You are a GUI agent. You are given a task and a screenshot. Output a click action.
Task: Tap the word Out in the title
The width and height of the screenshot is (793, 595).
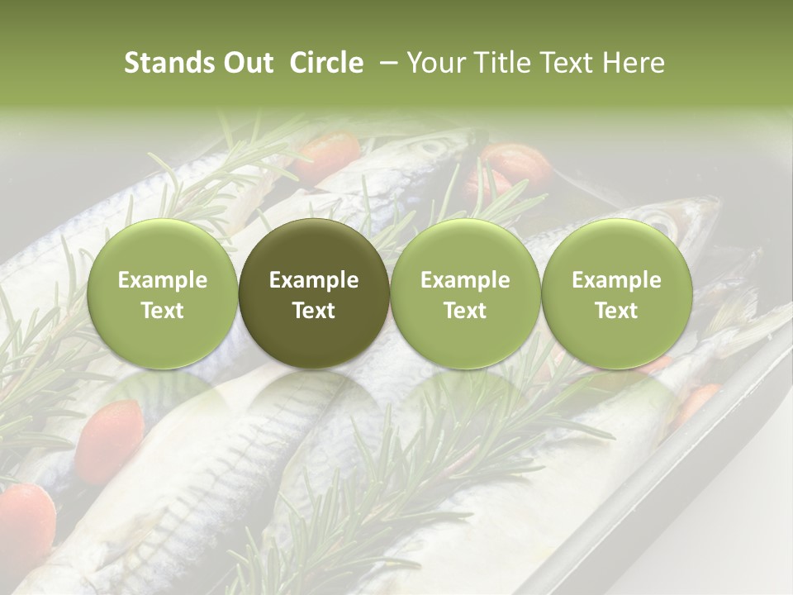click(246, 63)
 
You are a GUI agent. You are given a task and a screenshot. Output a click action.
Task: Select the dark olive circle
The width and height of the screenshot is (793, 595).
click(314, 293)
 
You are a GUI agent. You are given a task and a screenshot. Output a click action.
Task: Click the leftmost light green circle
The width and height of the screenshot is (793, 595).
click(163, 293)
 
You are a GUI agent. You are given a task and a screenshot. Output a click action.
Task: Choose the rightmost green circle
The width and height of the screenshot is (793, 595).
click(617, 293)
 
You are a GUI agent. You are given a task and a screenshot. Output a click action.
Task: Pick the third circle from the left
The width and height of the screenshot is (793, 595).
click(465, 293)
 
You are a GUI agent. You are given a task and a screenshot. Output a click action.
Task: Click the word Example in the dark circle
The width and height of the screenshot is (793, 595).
click(314, 280)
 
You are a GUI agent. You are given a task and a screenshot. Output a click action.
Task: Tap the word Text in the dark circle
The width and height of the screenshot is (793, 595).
click(314, 311)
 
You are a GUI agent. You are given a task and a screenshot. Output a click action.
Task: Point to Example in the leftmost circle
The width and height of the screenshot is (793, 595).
click(163, 280)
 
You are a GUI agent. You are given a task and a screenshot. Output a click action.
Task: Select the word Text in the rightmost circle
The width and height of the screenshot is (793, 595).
click(617, 311)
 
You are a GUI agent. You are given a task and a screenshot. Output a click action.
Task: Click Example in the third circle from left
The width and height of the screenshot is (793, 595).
click(465, 280)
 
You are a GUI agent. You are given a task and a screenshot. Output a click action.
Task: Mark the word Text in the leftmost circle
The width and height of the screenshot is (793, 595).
click(163, 311)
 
